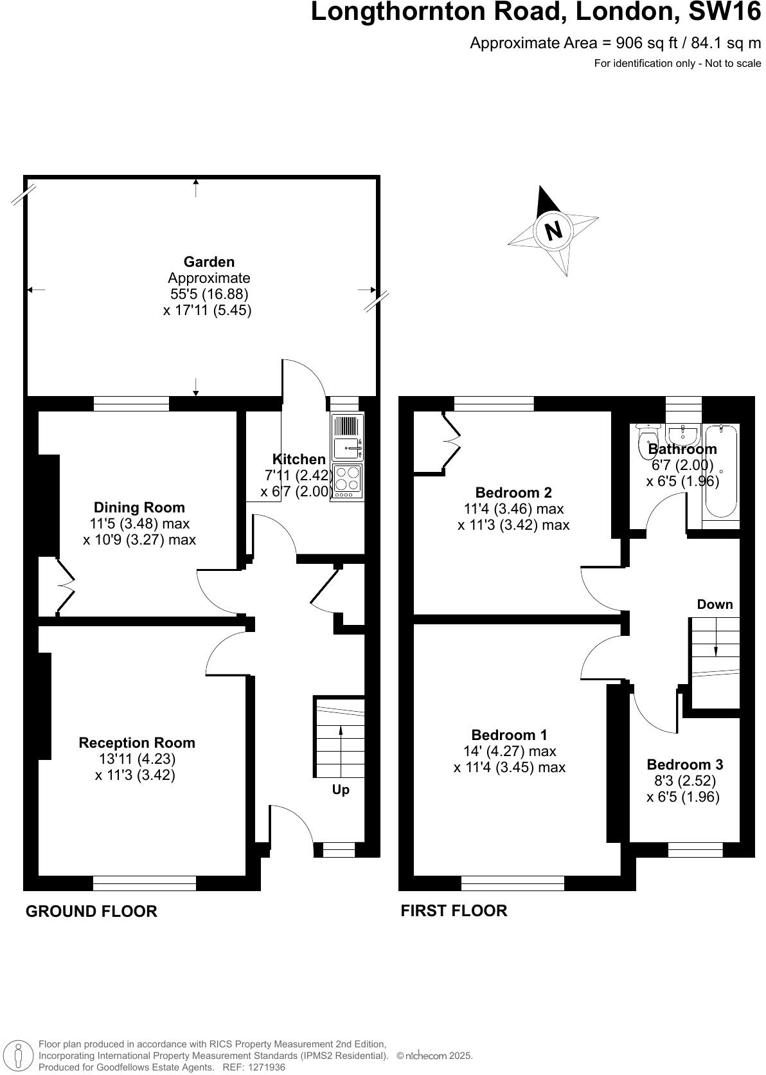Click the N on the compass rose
[x=553, y=230]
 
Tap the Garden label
[x=209, y=262]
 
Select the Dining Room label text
[x=139, y=507]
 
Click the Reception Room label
[x=137, y=743]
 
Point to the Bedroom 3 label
[x=684, y=764]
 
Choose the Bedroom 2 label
[x=513, y=492]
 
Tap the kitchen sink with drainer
[x=347, y=437]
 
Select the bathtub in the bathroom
[x=720, y=469]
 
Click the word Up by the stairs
[x=341, y=790]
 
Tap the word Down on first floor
[x=715, y=604]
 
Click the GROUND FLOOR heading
[x=91, y=911]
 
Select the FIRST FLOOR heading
[x=454, y=910]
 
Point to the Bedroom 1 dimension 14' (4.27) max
[x=509, y=751]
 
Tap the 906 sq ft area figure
[x=640, y=43]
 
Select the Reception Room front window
[x=144, y=883]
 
